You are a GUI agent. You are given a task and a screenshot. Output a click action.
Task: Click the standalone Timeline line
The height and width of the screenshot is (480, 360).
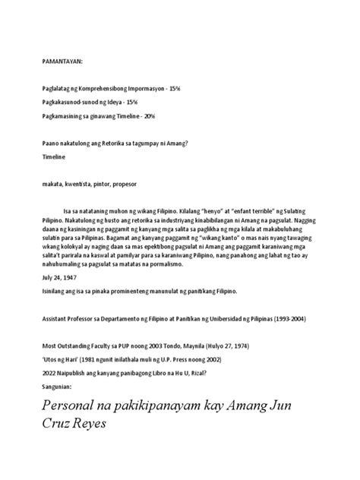click(55, 156)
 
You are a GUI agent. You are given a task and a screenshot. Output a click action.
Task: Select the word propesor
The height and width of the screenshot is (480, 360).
click(134, 184)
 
